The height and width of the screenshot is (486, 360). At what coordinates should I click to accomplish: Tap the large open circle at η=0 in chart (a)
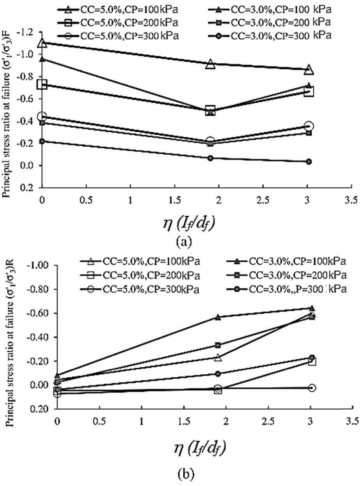click(x=42, y=116)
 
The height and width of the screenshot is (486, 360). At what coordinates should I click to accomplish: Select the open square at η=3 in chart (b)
click(x=312, y=361)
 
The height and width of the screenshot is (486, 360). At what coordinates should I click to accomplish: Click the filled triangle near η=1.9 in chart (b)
click(x=218, y=317)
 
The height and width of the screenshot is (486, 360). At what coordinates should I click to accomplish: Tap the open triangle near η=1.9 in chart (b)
click(x=218, y=357)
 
